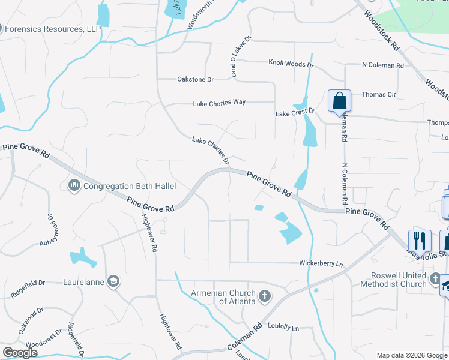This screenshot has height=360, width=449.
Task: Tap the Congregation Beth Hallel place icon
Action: [74, 185]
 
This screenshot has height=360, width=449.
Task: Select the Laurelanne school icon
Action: [113, 281]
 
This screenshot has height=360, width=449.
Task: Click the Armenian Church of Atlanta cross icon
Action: [264, 296]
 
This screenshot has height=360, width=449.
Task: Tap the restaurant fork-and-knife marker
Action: [420, 241]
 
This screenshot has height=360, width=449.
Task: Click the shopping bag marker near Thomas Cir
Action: [339, 101]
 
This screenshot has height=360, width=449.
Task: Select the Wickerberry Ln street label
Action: [321, 263]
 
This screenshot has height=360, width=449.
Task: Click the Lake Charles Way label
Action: [219, 103]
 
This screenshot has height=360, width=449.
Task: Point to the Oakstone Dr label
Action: [196, 79]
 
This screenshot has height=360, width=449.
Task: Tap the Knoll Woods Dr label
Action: [291, 63]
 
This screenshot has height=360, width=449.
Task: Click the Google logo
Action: [20, 353]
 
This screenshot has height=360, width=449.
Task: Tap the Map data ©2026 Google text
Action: [411, 355]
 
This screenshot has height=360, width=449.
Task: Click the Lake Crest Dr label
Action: [295, 112]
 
